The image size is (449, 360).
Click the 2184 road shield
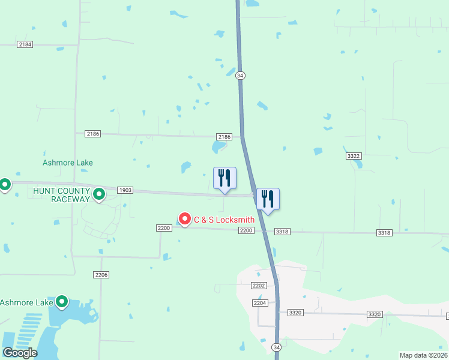click(25, 44)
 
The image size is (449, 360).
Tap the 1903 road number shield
click(125, 190)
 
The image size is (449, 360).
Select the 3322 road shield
click(354, 156)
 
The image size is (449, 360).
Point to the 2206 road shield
click(101, 274)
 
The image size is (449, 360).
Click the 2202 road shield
click(259, 286)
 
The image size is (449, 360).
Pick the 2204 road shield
click(260, 303)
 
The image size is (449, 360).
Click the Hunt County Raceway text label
click(61, 194)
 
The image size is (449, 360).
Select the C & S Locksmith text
click(224, 220)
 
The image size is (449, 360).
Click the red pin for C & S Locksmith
click(184, 220)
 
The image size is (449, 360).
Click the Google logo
click(20, 353)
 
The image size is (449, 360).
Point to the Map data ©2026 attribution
click(423, 355)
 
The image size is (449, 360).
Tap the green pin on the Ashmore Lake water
click(62, 302)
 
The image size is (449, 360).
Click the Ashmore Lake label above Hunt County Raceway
click(68, 163)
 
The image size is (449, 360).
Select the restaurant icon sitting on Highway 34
click(268, 199)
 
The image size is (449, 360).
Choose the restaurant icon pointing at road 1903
click(224, 178)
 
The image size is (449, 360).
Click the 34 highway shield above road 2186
click(240, 75)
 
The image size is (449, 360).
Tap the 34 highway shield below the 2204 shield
click(276, 347)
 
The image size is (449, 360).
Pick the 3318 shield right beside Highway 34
click(283, 232)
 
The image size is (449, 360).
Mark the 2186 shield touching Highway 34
click(224, 137)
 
